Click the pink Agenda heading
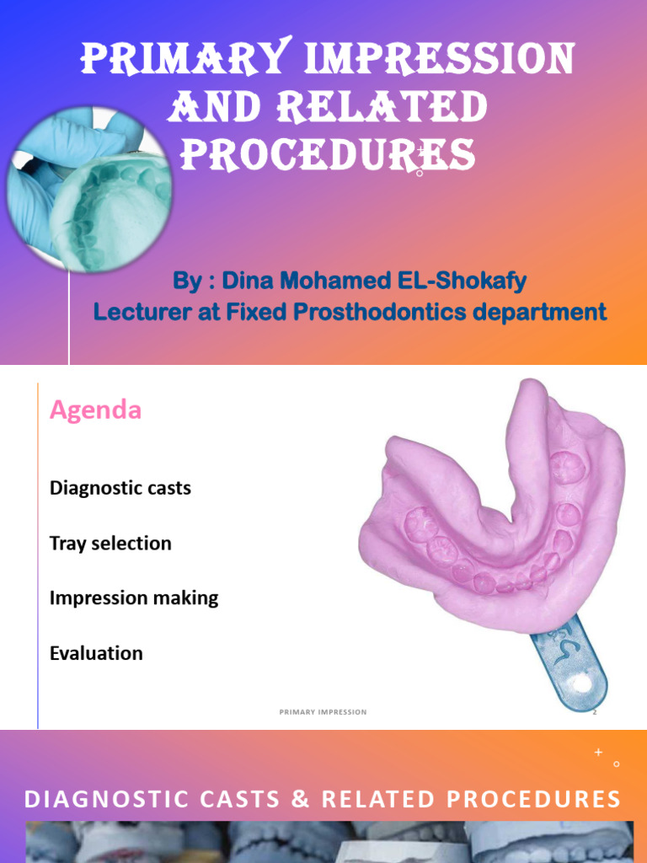point(95,410)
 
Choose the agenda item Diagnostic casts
point(120,488)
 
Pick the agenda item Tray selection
point(110,544)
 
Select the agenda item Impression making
point(134,598)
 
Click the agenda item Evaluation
point(96,653)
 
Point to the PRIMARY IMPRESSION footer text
point(323,712)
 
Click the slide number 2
point(594,712)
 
